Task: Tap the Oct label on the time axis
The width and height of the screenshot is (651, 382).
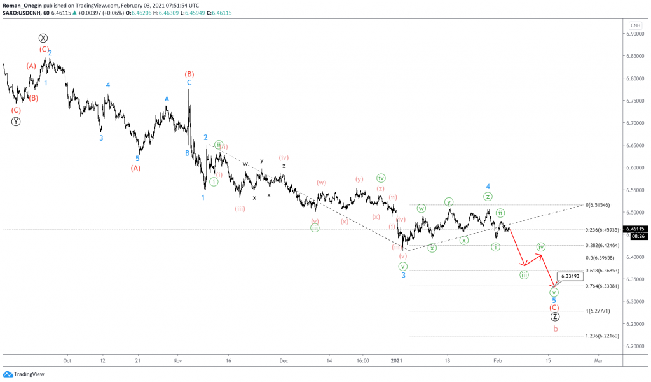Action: (x=67, y=360)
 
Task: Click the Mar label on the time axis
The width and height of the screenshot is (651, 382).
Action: (x=598, y=360)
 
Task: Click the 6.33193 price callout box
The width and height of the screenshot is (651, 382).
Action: (x=570, y=276)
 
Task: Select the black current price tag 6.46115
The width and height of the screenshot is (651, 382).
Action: (x=636, y=229)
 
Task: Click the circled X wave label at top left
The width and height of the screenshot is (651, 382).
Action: (x=43, y=38)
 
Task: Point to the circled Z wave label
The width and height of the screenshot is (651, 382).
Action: (x=555, y=316)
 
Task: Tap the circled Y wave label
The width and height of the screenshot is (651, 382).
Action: (x=16, y=121)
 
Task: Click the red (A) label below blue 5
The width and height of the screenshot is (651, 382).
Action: (x=137, y=168)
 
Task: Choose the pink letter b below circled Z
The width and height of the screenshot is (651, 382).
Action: (x=556, y=329)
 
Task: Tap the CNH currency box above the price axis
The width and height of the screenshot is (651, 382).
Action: (x=634, y=25)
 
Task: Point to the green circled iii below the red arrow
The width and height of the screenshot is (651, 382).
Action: (x=524, y=275)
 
